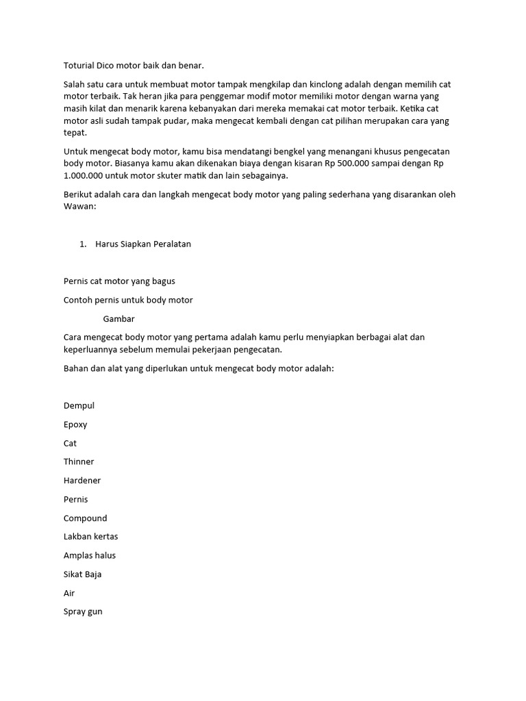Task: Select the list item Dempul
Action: coord(79,406)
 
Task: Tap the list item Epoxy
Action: coord(75,424)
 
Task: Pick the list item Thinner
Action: coord(79,462)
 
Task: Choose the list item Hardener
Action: coord(82,481)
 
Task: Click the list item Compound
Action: coord(85,518)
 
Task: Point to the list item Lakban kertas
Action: coord(91,537)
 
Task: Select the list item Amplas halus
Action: coord(90,555)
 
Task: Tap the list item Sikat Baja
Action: coord(82,574)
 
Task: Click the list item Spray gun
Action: coord(83,611)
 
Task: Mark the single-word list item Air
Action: coord(69,593)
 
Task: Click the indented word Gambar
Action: coord(118,318)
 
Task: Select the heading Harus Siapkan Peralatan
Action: coord(143,244)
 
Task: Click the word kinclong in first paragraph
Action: coord(330,84)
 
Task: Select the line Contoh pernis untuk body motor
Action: coord(128,300)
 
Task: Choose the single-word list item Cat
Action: coord(70,444)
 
